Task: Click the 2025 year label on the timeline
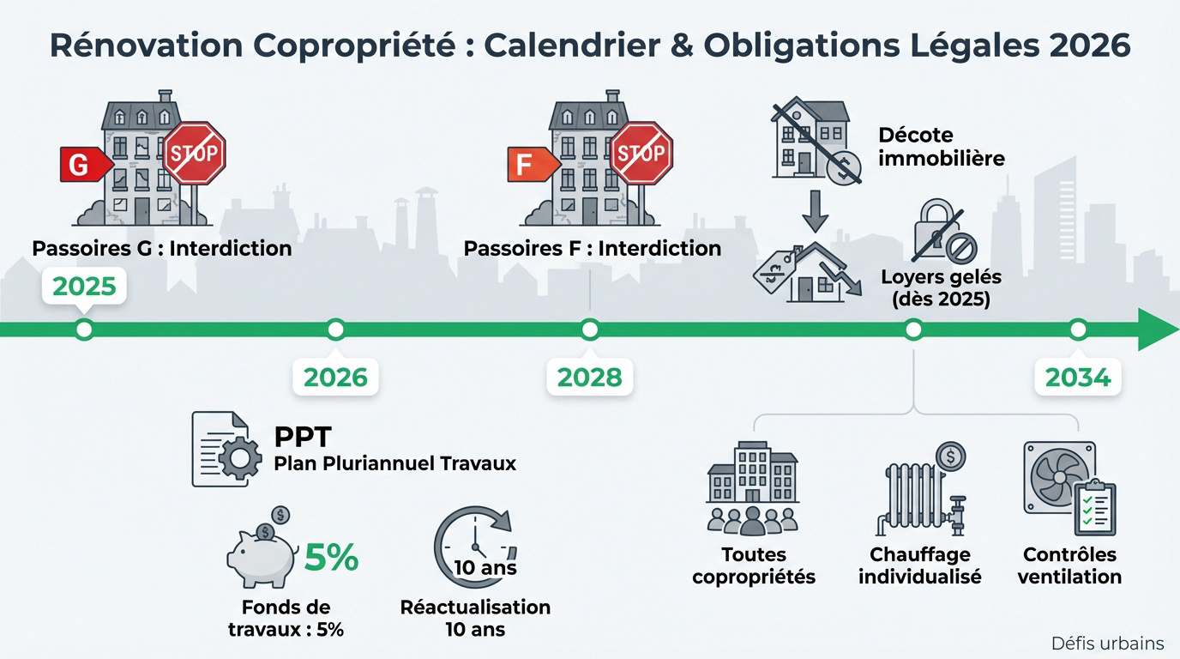84,286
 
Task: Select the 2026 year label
335,377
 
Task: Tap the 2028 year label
589,377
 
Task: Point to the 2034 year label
1078,377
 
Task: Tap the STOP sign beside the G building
195,154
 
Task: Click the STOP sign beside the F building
641,154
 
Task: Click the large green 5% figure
331,559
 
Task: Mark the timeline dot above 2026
335,329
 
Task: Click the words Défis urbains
1107,643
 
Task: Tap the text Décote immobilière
941,147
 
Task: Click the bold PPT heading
302,437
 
